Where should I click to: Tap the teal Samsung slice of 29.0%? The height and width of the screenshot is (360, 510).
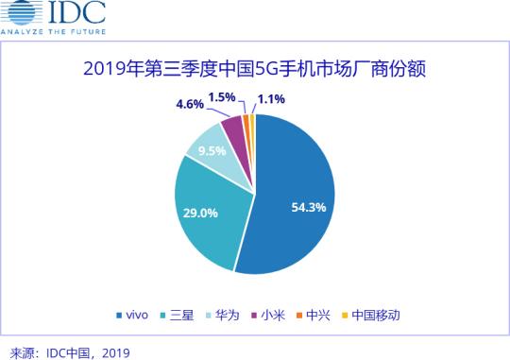coord(212,217)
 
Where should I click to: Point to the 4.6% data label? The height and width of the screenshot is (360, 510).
coord(190,104)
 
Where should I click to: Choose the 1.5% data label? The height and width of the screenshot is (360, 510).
coord(223,97)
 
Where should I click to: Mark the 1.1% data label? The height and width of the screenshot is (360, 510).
coord(273,98)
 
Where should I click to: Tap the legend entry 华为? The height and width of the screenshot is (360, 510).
coord(227,315)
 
